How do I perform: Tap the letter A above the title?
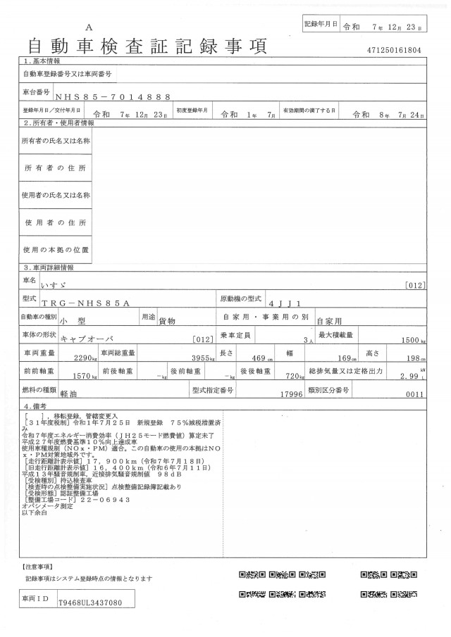coord(89,26)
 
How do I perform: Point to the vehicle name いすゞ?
coord(73,284)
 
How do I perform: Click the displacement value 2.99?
coord(409,377)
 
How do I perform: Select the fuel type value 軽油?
coord(68,396)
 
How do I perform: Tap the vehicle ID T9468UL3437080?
coord(92,603)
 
